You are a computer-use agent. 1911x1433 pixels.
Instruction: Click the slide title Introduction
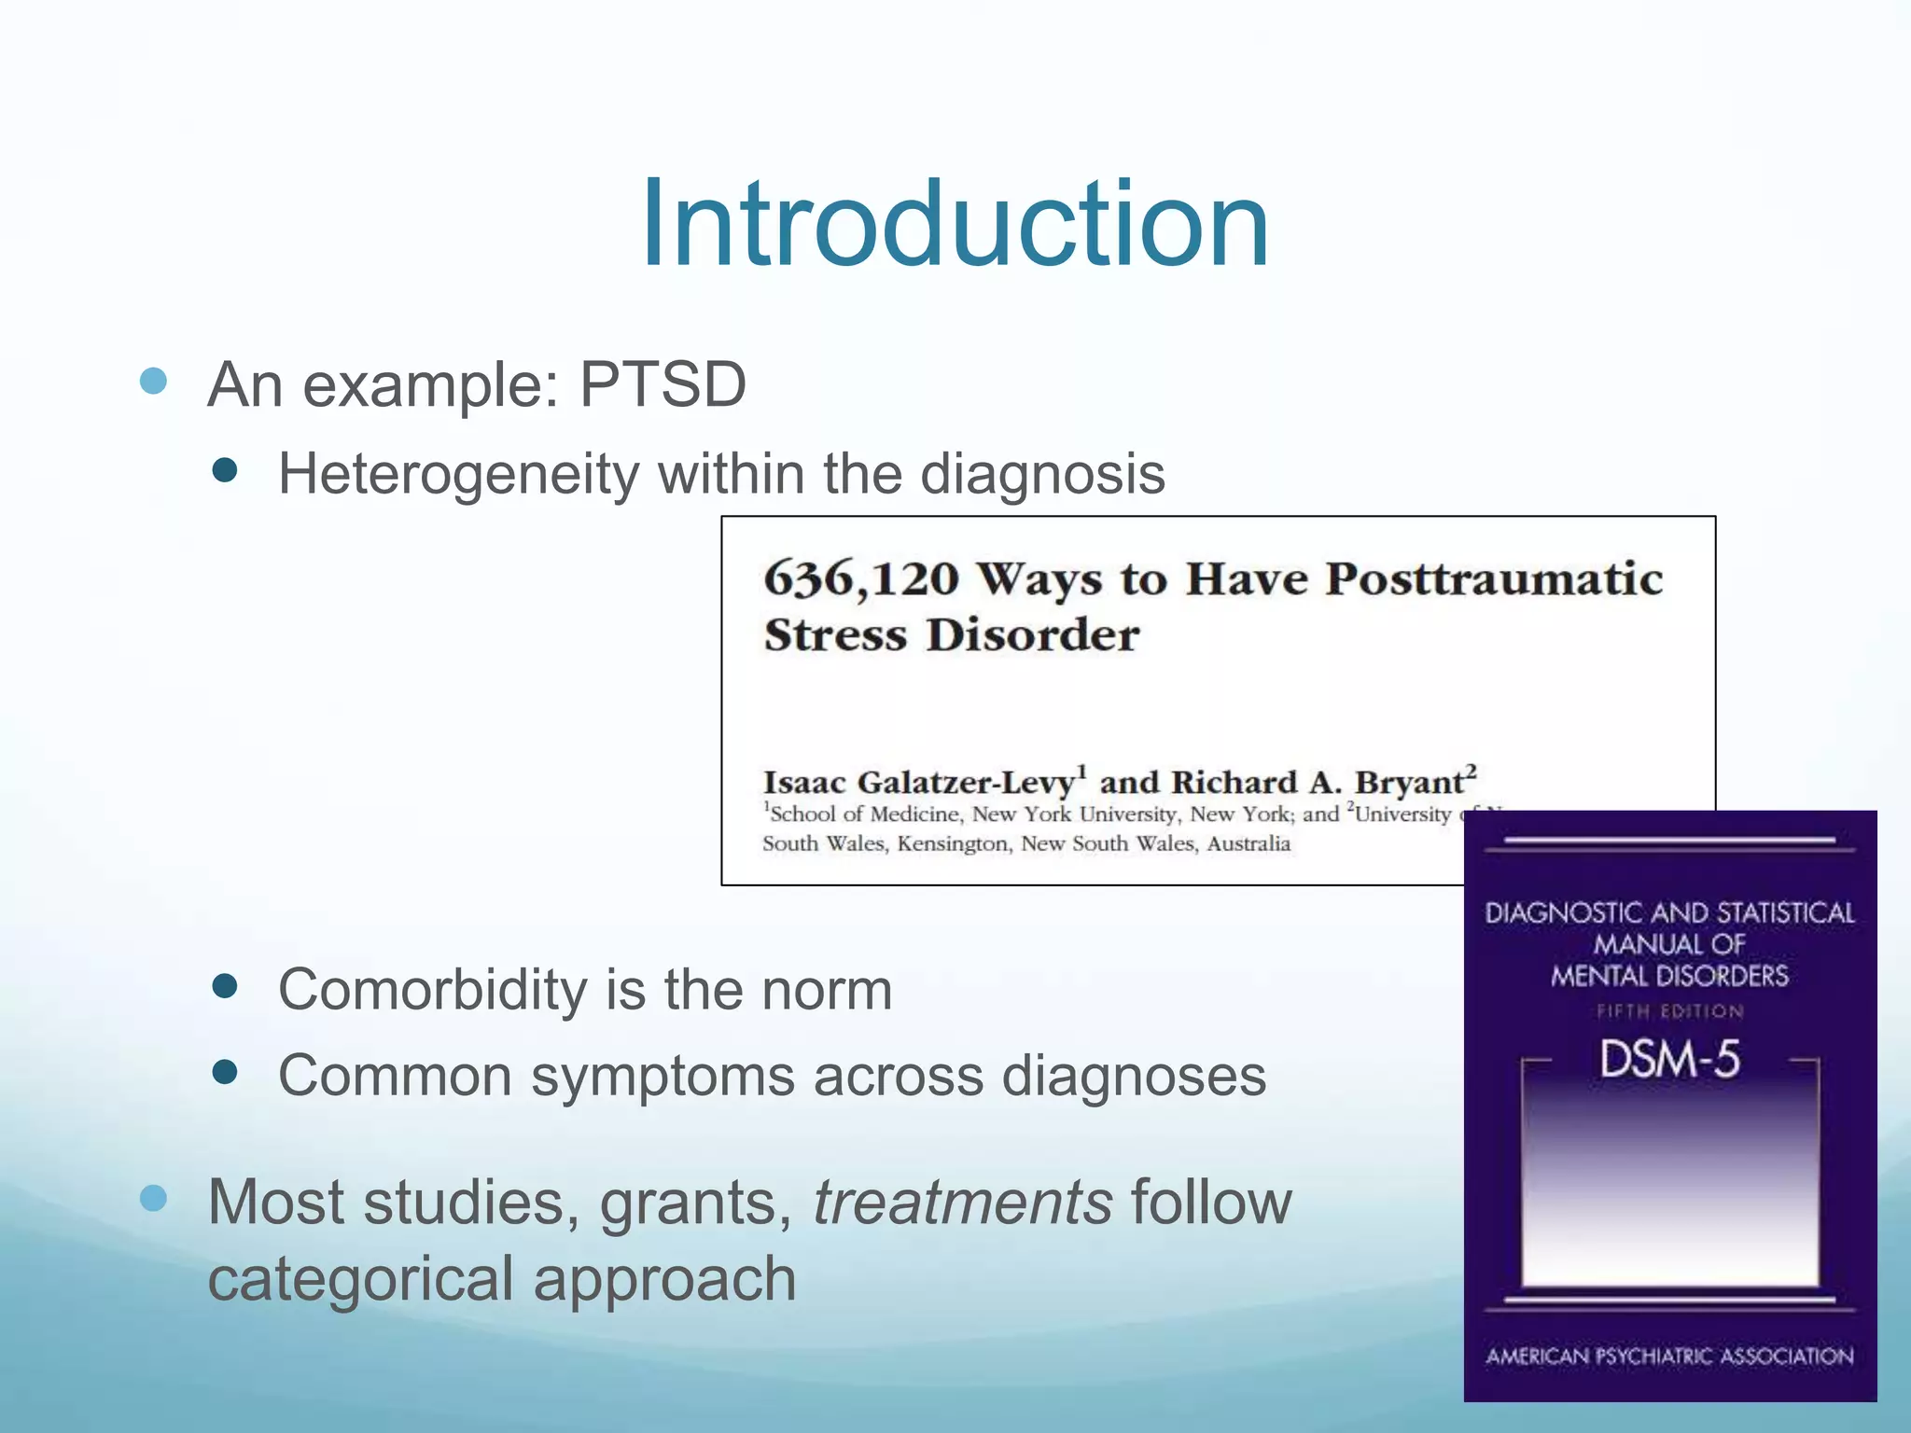(954, 225)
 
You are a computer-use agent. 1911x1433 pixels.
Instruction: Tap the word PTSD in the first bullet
(663, 384)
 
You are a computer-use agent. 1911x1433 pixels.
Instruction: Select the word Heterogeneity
(457, 474)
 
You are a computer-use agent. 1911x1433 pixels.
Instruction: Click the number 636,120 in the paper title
(860, 579)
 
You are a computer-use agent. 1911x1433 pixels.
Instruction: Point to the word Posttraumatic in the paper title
(1494, 579)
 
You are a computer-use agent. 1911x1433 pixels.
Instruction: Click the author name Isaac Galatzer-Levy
(919, 782)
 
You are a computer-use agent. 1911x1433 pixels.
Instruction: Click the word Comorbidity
(432, 989)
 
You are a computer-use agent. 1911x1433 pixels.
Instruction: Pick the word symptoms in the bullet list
(662, 1076)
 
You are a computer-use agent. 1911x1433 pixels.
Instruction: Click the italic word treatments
(962, 1202)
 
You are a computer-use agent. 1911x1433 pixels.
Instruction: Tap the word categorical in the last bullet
(359, 1279)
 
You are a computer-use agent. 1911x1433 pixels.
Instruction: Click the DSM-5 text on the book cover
(1669, 1060)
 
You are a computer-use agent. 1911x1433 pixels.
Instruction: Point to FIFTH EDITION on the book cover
(1669, 1011)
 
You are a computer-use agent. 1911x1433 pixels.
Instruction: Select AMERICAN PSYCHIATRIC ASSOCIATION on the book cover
(1669, 1356)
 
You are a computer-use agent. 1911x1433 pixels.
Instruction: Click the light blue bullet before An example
(153, 381)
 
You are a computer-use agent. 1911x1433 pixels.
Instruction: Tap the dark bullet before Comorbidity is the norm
(225, 986)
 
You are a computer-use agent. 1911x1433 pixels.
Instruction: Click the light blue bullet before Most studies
(153, 1198)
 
